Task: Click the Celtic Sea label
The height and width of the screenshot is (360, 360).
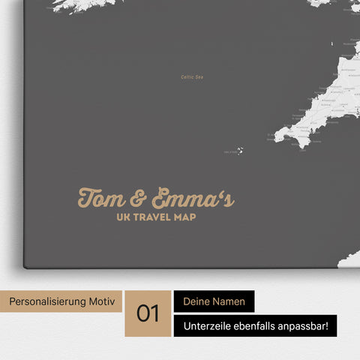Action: click(x=193, y=76)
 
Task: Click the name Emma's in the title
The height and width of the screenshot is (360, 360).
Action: click(x=190, y=199)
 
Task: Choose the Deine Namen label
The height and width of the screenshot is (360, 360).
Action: click(x=214, y=301)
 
